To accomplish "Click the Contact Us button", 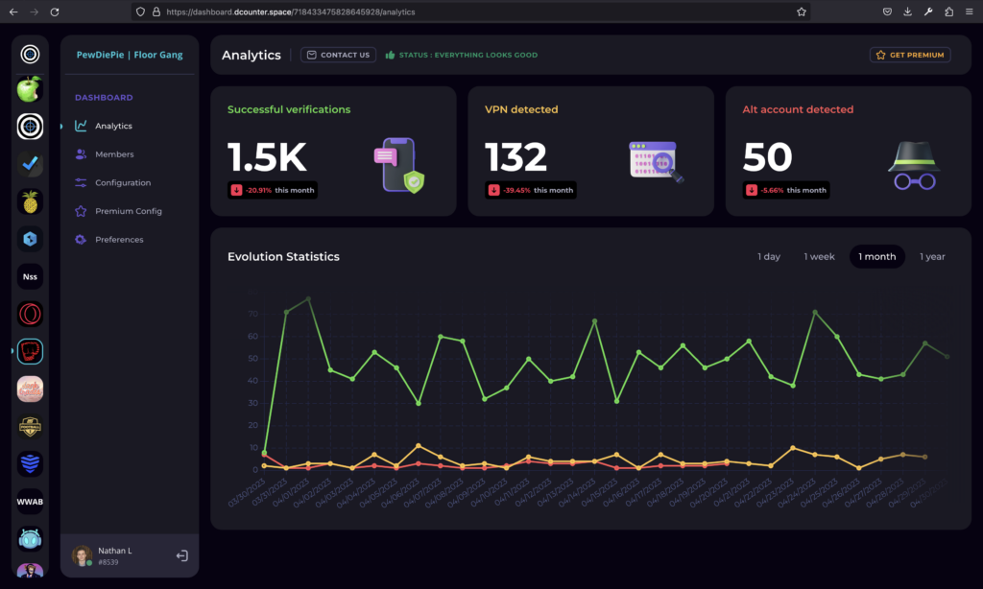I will [339, 55].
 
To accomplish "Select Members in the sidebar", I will [114, 154].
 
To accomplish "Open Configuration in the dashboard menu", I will [122, 183].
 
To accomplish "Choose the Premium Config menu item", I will [128, 211].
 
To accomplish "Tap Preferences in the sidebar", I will [119, 240].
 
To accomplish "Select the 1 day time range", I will [768, 257].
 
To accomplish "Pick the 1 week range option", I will [819, 257].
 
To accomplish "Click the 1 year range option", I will [932, 257].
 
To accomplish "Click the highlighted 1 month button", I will [876, 257].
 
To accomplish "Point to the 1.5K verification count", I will [267, 157].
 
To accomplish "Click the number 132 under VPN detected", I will [515, 157].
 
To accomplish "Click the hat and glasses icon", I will [912, 165].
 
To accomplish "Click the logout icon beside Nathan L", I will [182, 555].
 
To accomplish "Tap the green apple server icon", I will [30, 89].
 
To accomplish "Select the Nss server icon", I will [30, 277].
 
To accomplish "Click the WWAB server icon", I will [30, 502].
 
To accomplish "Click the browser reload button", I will [55, 12].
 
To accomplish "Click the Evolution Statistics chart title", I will [283, 257].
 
